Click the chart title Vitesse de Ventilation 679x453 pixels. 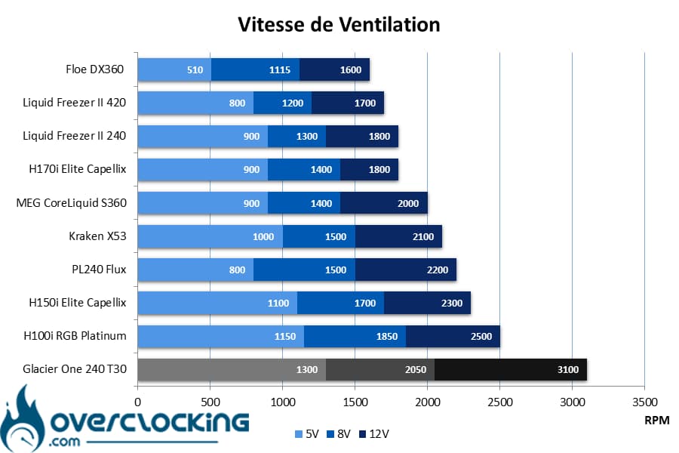(339, 24)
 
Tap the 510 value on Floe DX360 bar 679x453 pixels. (195, 69)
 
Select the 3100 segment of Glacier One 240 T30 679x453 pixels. (511, 369)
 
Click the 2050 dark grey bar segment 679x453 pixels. (380, 369)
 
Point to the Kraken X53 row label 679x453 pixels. (97, 236)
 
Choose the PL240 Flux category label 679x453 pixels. (99, 270)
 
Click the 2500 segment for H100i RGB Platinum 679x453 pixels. (453, 337)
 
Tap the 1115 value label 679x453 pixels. (280, 69)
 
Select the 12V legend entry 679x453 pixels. (374, 434)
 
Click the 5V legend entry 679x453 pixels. (306, 434)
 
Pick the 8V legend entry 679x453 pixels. (339, 434)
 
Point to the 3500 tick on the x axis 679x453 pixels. (645, 402)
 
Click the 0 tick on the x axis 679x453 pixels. (138, 402)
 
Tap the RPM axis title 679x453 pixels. (657, 420)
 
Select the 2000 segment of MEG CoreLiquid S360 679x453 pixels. (384, 203)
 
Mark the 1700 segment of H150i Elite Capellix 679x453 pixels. (341, 303)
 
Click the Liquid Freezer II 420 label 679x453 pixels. (75, 103)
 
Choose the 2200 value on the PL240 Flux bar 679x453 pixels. (438, 270)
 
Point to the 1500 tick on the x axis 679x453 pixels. (355, 402)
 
